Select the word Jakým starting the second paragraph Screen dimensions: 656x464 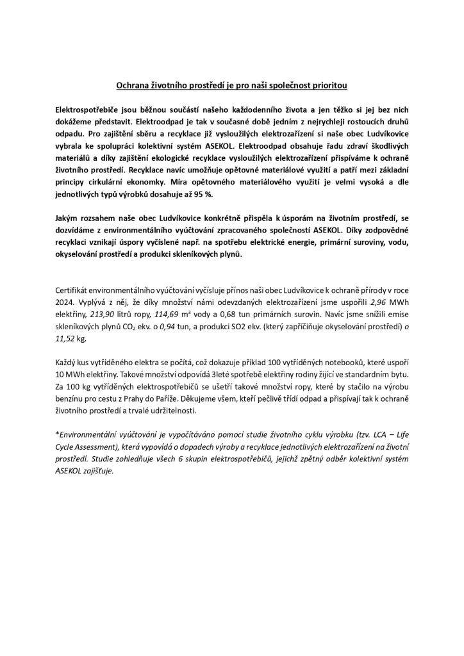pos(68,219)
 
